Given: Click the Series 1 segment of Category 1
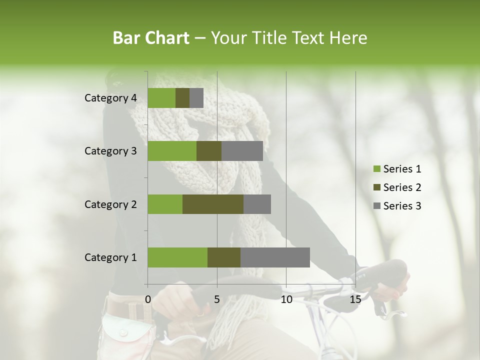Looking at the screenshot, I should pyautogui.click(x=177, y=257).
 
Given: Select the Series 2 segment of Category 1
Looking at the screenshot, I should pyautogui.click(x=224, y=257).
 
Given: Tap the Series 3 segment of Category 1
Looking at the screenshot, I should pyautogui.click(x=275, y=257).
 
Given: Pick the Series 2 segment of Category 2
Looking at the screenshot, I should pyautogui.click(x=213, y=204).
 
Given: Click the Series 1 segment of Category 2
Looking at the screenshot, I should pyautogui.click(x=165, y=204).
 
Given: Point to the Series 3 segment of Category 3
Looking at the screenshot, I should pyautogui.click(x=242, y=151).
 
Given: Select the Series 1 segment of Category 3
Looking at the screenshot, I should pyautogui.click(x=172, y=151).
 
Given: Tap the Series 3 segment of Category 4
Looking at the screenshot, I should pyautogui.click(x=196, y=98).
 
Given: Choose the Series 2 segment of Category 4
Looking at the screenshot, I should pyautogui.click(x=182, y=98).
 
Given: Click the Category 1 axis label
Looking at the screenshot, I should pyautogui.click(x=110, y=257).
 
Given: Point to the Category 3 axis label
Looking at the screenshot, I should pyautogui.click(x=110, y=151).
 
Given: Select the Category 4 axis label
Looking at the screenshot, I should pyautogui.click(x=110, y=98).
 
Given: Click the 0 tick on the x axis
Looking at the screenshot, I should pyautogui.click(x=148, y=299).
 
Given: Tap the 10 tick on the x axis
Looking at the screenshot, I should pyautogui.click(x=286, y=299).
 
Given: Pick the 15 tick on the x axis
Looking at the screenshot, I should pyautogui.click(x=355, y=299).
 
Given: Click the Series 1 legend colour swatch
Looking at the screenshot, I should pyautogui.click(x=376, y=169).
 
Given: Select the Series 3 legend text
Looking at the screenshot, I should pyautogui.click(x=402, y=206).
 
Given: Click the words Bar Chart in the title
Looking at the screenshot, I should pyautogui.click(x=150, y=38).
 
